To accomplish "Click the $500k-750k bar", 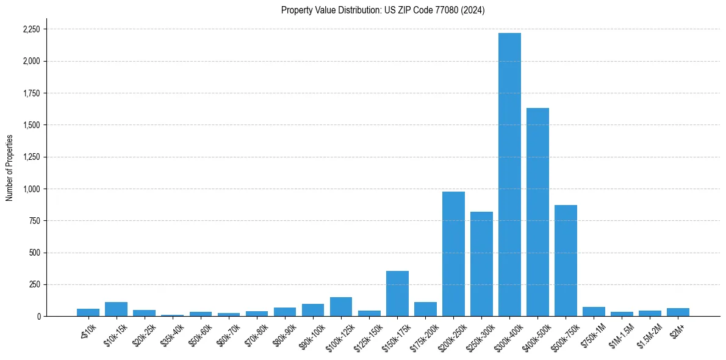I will tap(566, 261).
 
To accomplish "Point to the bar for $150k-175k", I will tap(397, 293).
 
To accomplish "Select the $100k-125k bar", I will tap(341, 307).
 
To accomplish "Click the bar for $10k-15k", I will tap(116, 309).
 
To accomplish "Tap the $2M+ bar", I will tap(678, 312).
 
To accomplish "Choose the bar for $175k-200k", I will tap(425, 309).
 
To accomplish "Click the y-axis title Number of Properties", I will tap(10, 167).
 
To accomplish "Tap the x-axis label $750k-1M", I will tap(592, 333).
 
